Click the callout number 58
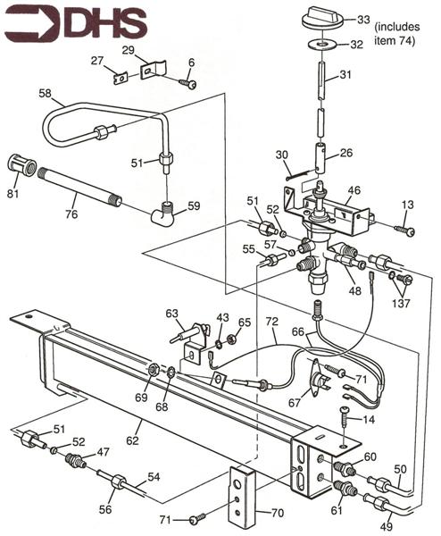tap(46, 92)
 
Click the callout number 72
tap(272, 320)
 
